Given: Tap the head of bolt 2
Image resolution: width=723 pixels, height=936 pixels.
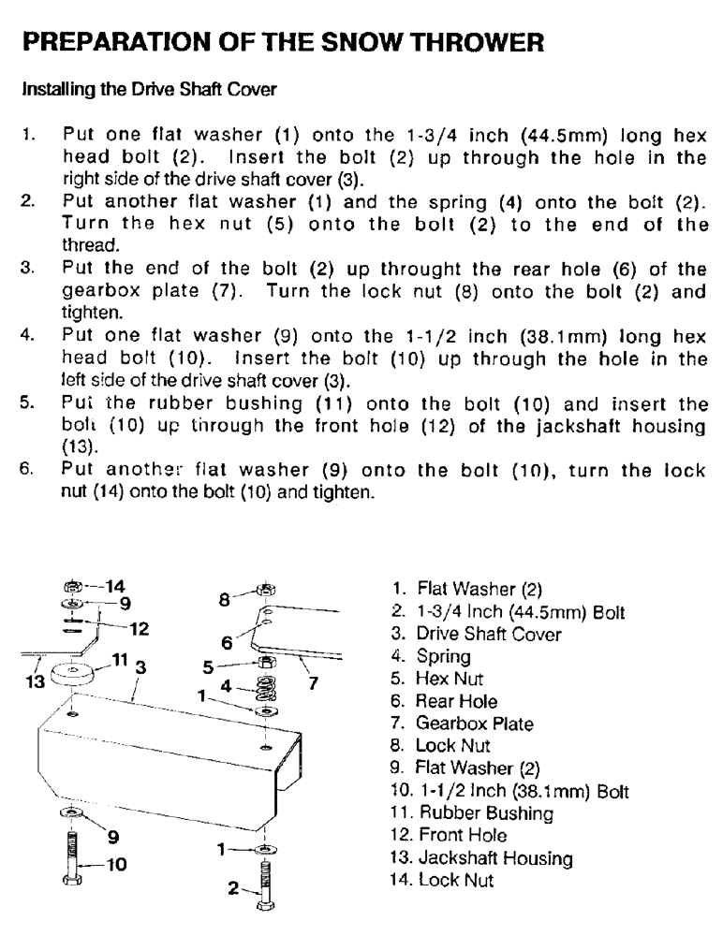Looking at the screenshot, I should [x=267, y=908].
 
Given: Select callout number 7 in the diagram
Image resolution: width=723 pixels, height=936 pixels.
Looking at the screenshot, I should [x=316, y=682].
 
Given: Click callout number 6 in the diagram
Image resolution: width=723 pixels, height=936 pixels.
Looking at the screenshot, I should [x=227, y=642].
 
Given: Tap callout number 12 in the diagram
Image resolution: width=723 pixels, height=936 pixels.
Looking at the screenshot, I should [x=138, y=628].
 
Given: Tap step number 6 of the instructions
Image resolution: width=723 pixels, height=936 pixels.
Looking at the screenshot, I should [x=28, y=472].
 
